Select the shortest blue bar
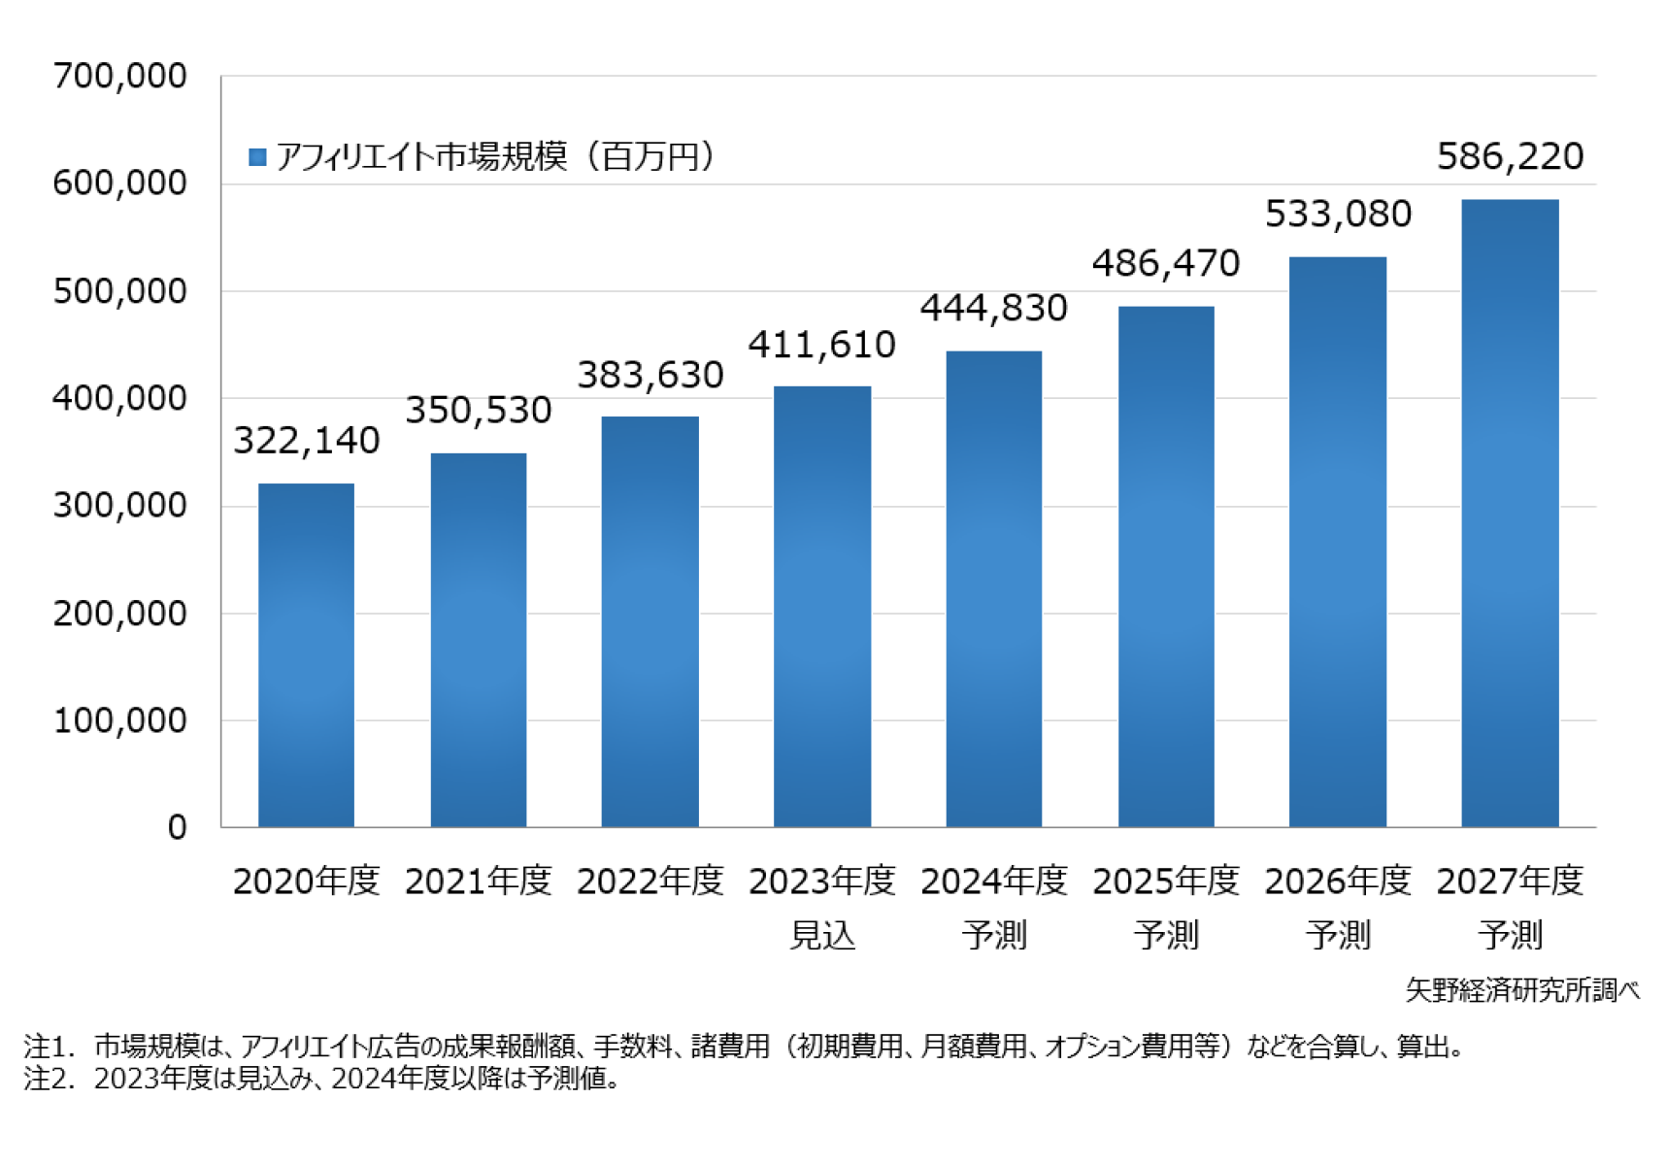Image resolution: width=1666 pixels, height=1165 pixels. pyautogui.click(x=306, y=655)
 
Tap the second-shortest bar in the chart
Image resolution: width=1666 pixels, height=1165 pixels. pyautogui.click(x=479, y=640)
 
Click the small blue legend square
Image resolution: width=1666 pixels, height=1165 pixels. pyautogui.click(x=257, y=157)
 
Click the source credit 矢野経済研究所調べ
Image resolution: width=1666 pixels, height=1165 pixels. pyautogui.click(x=1522, y=990)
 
